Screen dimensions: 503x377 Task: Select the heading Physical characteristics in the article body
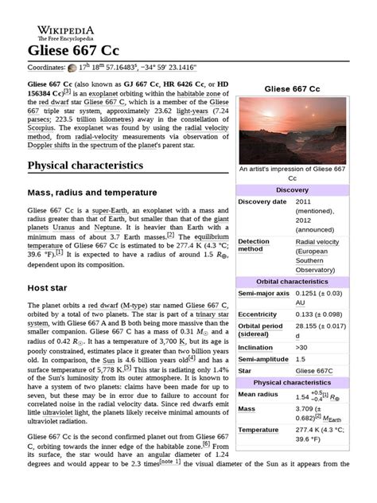tap(85, 166)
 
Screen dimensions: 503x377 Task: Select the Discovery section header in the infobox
tap(291, 190)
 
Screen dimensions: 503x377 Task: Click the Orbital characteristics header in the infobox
tap(291, 282)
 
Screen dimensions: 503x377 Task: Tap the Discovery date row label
tap(262, 202)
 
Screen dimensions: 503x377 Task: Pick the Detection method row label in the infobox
tap(255, 245)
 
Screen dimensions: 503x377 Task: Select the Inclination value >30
tap(303, 348)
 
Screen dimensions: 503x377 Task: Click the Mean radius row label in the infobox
tap(258, 394)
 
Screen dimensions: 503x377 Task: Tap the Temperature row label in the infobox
tap(258, 430)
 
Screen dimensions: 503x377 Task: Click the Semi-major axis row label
tap(264, 294)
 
